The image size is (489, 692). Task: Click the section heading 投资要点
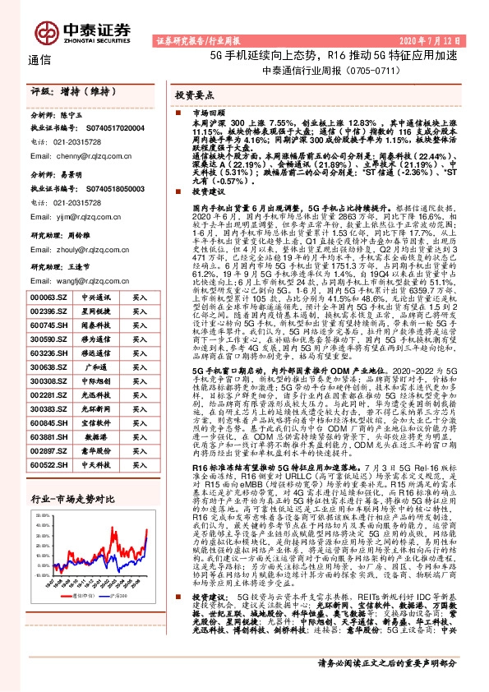(192, 95)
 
